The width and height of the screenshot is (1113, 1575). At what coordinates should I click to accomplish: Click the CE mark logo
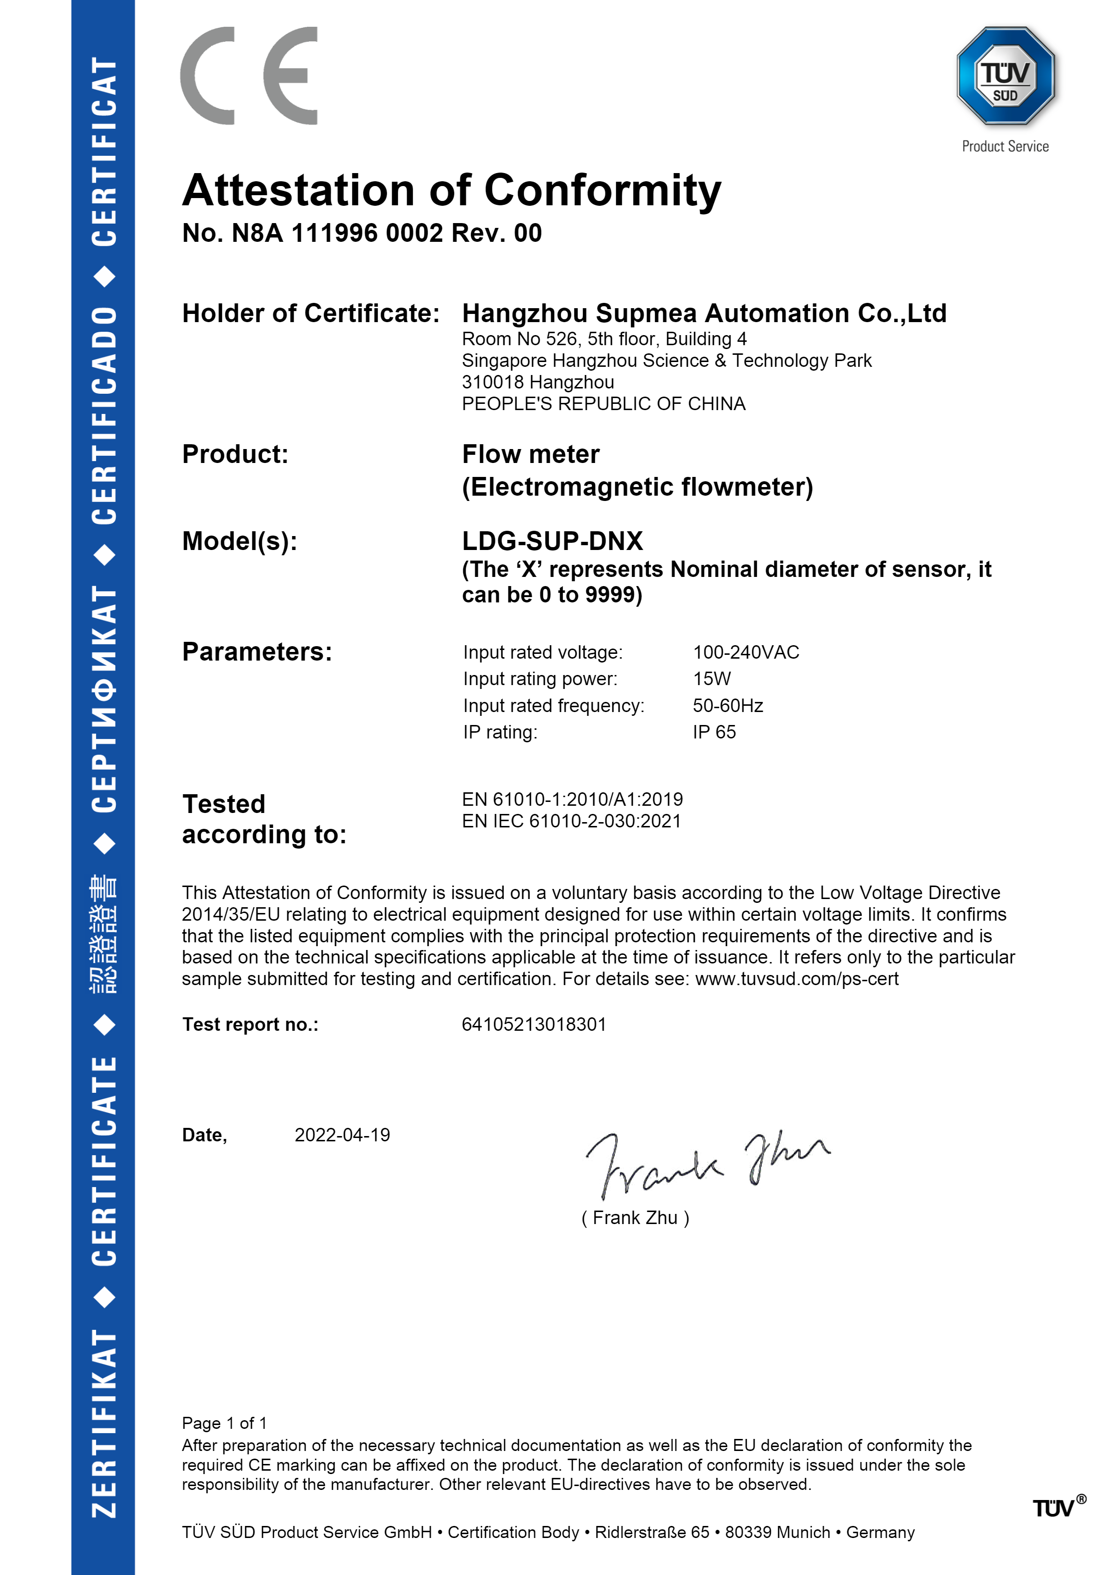(x=249, y=76)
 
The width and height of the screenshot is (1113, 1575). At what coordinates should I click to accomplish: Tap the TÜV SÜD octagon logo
(x=1005, y=76)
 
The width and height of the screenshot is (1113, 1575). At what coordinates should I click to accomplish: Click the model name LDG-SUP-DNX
(x=552, y=541)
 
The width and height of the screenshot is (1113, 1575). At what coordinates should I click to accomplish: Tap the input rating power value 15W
(x=711, y=679)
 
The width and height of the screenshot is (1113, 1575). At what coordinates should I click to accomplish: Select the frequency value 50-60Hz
(x=727, y=706)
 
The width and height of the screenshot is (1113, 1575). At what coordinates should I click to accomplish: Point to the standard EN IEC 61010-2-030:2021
(x=571, y=822)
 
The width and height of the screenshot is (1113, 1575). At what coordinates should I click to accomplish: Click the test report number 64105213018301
(x=533, y=1025)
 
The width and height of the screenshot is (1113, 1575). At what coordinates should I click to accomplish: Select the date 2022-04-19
(x=342, y=1135)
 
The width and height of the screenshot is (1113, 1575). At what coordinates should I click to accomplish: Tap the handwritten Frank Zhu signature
(x=706, y=1162)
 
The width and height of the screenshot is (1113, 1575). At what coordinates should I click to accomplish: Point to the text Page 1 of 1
(x=224, y=1424)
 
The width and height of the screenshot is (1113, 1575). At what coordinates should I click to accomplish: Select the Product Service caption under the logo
(x=1005, y=147)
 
